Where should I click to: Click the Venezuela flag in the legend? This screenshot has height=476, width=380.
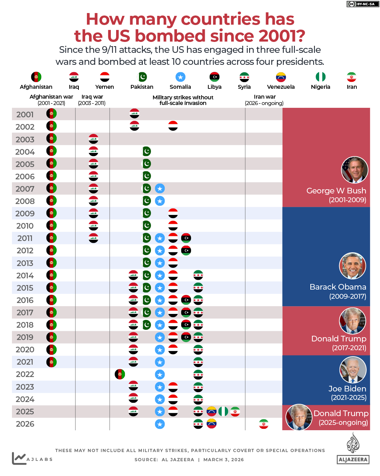[x=281, y=77]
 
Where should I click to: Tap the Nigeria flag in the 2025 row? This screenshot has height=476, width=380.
[x=223, y=411]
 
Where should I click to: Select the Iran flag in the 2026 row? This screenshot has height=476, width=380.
[x=264, y=424]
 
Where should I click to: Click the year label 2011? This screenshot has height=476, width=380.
[x=25, y=238]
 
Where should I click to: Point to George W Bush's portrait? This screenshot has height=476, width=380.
[x=355, y=170]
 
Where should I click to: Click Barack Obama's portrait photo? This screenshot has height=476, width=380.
[x=353, y=266]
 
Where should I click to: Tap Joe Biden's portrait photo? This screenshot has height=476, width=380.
[x=353, y=370]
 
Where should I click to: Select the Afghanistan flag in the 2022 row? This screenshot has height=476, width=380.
[x=120, y=374]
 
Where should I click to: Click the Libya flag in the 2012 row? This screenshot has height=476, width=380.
[x=186, y=251]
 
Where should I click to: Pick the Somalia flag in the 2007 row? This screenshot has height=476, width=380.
[x=160, y=188]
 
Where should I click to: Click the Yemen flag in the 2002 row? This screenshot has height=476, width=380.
[x=173, y=126]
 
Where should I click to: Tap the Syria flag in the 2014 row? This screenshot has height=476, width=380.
[x=198, y=275]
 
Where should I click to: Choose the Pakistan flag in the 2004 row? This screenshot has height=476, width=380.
[x=146, y=152]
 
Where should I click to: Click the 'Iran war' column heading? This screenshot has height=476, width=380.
[x=265, y=97]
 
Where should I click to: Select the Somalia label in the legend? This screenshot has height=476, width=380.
[x=180, y=87]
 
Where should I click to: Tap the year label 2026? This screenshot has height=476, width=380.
[x=25, y=424]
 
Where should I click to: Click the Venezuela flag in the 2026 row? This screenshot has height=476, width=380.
[x=211, y=424]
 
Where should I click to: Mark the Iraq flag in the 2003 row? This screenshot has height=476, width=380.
[x=93, y=139]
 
